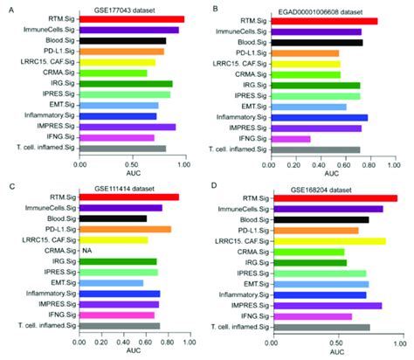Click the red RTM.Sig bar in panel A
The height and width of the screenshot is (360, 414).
click(x=131, y=18)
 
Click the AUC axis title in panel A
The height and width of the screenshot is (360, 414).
click(x=131, y=171)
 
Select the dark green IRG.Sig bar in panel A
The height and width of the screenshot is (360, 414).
click(x=126, y=84)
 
